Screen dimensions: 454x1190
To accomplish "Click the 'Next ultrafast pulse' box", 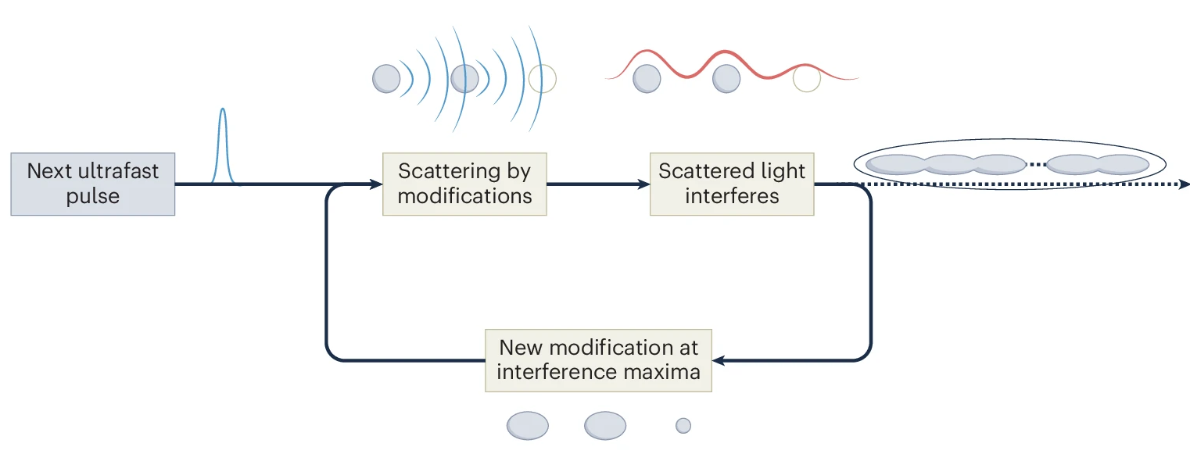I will (92, 184).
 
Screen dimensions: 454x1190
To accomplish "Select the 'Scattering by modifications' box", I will (464, 184).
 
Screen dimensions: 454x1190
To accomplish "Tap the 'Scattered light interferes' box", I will (732, 184).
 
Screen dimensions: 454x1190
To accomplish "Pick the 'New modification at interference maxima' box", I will (599, 360).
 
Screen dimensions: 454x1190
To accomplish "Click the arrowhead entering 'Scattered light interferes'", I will (643, 184).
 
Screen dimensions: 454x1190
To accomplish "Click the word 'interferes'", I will (732, 195).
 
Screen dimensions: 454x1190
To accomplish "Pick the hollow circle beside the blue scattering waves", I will (543, 78).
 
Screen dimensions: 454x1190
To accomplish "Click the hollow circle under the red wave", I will (806, 78).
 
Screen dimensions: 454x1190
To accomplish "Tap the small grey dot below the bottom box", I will (683, 426).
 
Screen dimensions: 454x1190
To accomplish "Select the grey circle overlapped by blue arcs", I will (464, 78).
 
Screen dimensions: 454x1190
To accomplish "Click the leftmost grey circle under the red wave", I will (646, 78).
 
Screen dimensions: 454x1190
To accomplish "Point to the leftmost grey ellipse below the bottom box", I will (528, 426).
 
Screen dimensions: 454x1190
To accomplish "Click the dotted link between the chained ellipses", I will (1035, 164).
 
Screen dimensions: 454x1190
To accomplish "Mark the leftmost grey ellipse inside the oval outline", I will (895, 164).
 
